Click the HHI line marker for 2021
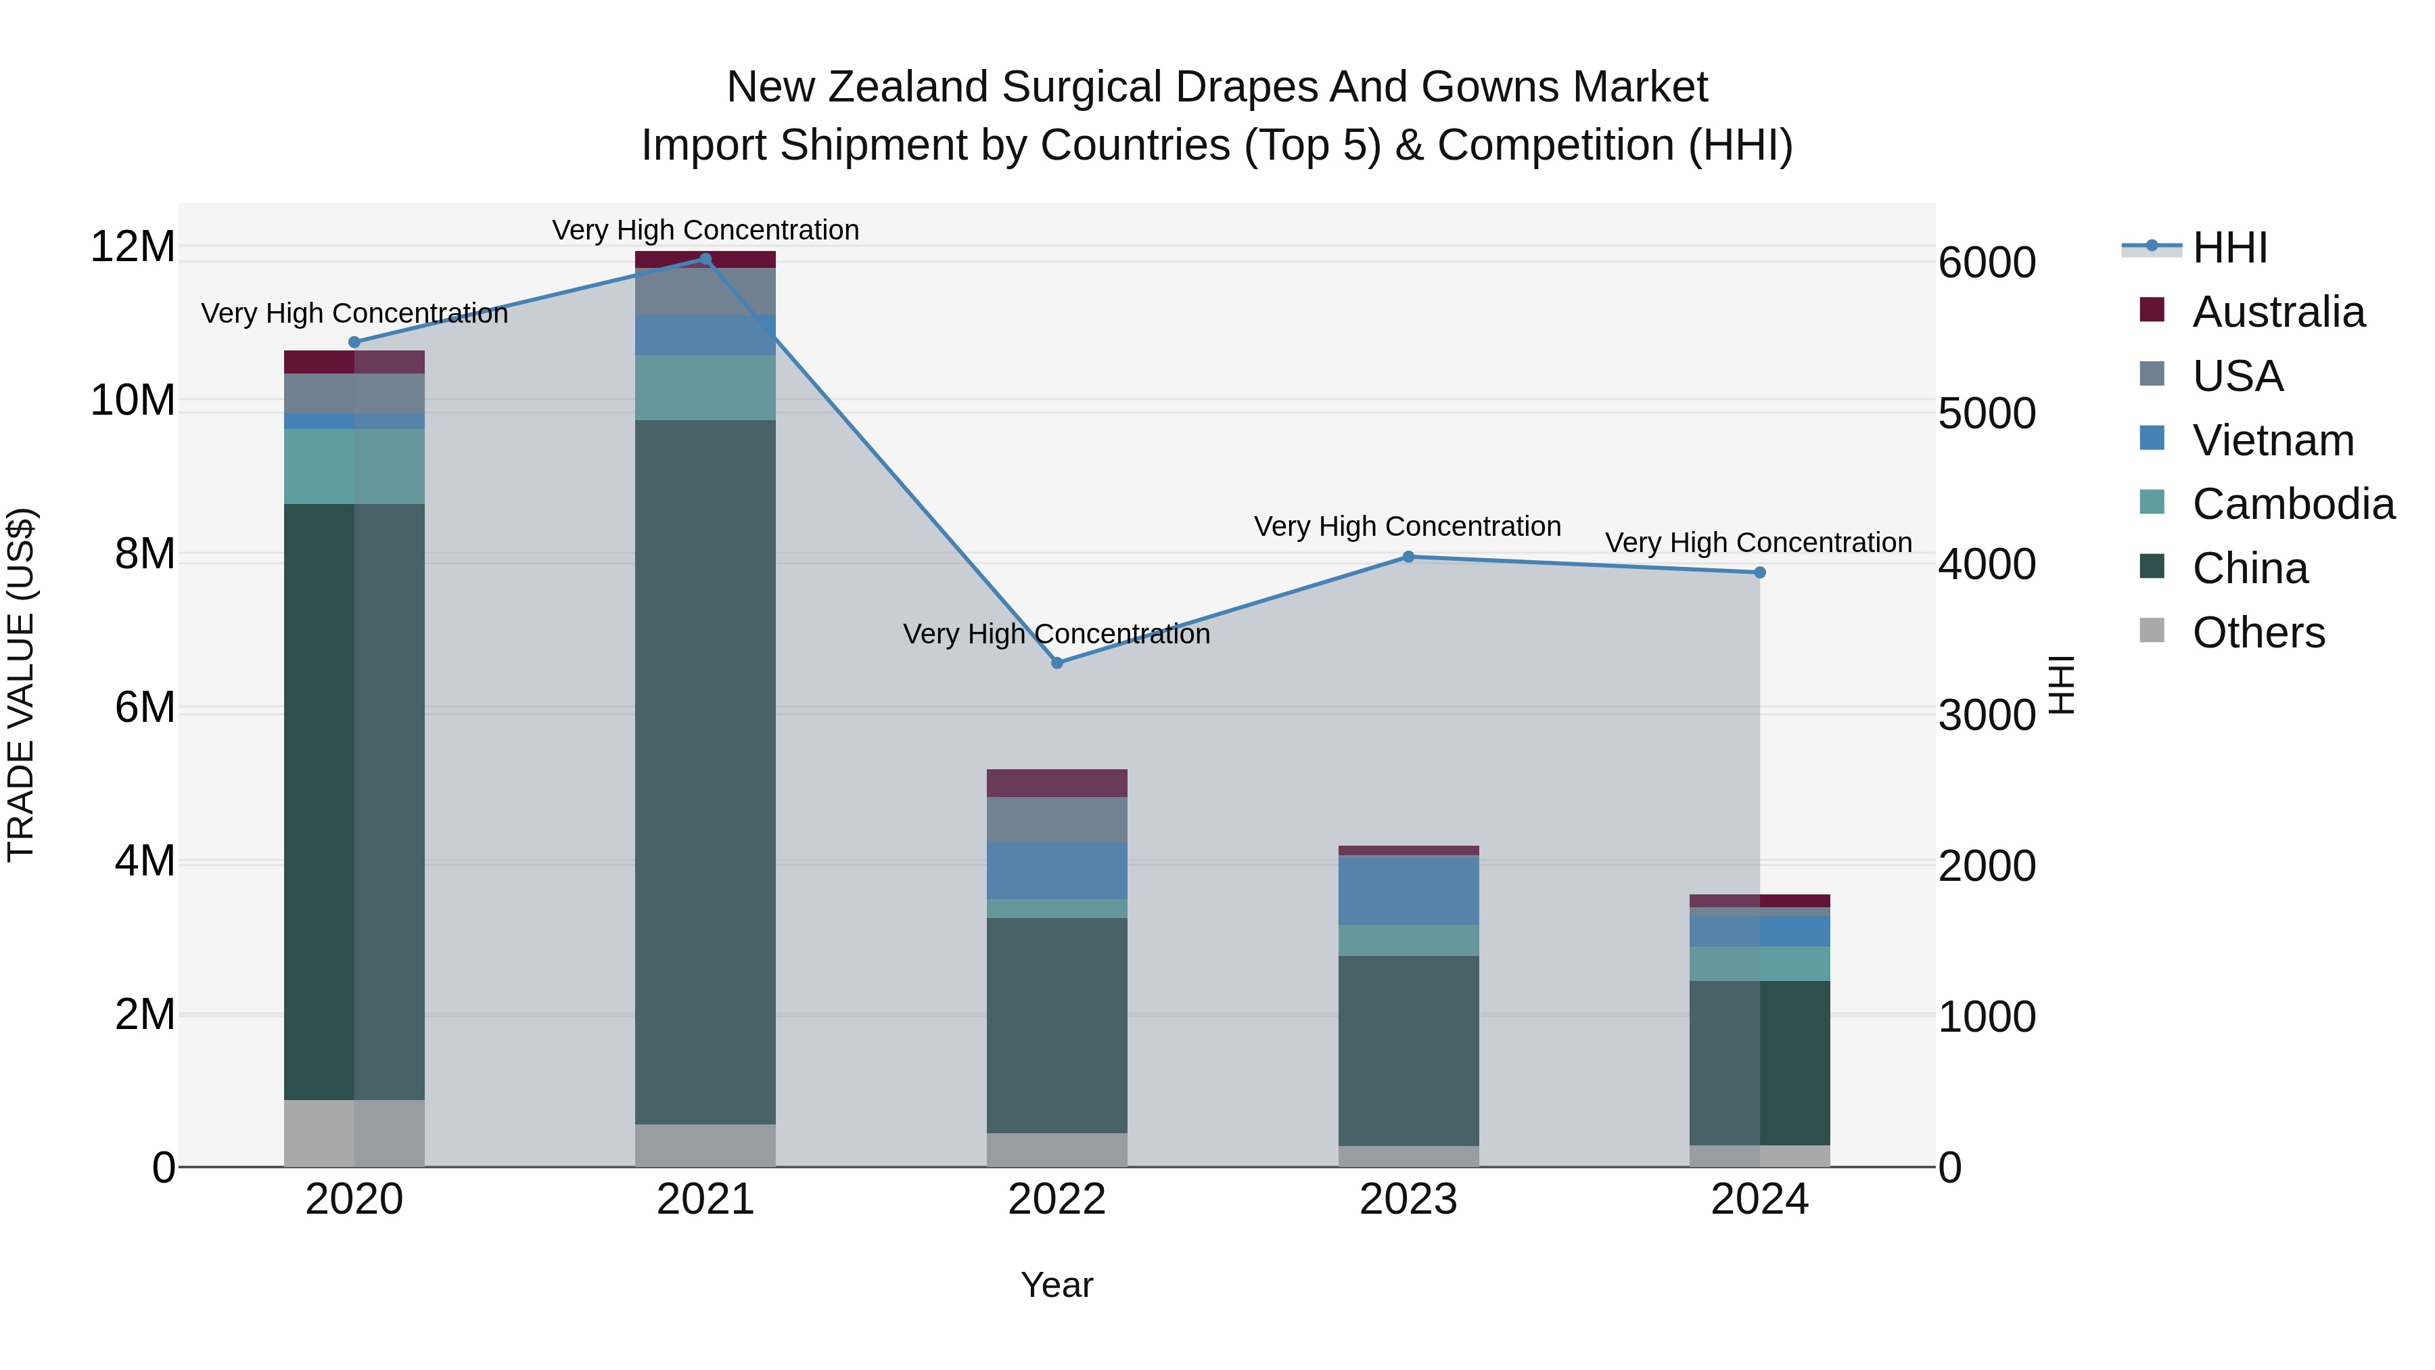tap(705, 259)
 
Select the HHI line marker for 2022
tap(1057, 663)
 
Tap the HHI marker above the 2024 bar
tap(1759, 572)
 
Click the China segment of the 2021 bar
tap(705, 771)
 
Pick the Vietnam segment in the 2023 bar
tap(1408, 890)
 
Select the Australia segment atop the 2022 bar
tap(1057, 783)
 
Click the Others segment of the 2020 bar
tap(354, 1133)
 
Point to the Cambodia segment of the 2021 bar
tap(705, 388)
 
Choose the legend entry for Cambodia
tap(2292, 504)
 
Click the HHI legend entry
tap(2229, 248)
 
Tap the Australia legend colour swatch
tap(2152, 310)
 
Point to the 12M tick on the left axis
tap(133, 247)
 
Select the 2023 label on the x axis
tap(1408, 1200)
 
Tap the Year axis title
tap(1057, 1285)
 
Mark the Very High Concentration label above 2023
tap(1407, 526)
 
